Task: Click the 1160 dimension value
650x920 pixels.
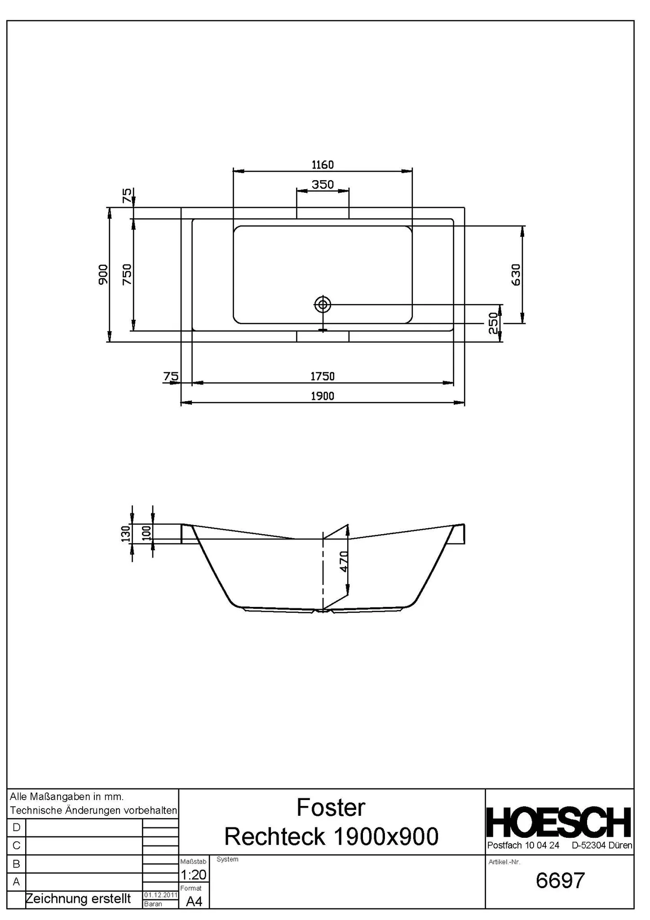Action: click(x=323, y=165)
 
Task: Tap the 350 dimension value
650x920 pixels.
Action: click(x=323, y=184)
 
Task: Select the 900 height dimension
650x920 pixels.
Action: click(x=103, y=274)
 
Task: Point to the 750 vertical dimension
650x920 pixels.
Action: click(x=127, y=274)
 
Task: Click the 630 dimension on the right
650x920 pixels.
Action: click(x=516, y=274)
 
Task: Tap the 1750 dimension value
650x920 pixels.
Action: click(x=323, y=376)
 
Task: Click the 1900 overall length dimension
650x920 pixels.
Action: click(x=323, y=396)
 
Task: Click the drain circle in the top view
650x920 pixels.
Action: click(x=323, y=305)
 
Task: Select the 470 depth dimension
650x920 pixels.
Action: click(x=344, y=561)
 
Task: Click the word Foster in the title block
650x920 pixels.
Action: click(x=331, y=808)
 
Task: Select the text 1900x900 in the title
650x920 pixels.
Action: click(x=386, y=836)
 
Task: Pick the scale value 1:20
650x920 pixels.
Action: click(x=194, y=875)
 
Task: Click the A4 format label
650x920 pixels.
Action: click(x=194, y=901)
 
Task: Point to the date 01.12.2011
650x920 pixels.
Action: click(x=161, y=895)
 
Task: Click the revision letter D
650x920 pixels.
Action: click(x=17, y=827)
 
